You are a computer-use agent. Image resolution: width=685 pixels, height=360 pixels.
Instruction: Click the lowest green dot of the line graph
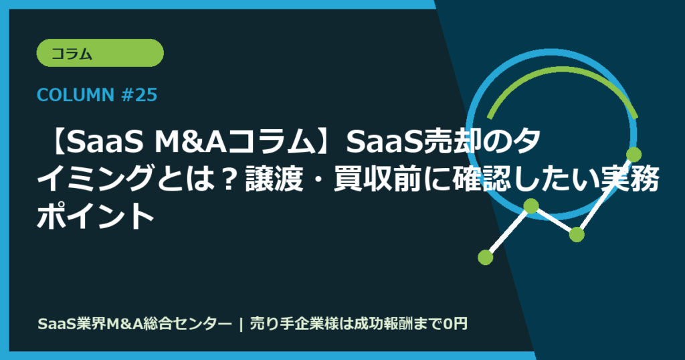[486, 256]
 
